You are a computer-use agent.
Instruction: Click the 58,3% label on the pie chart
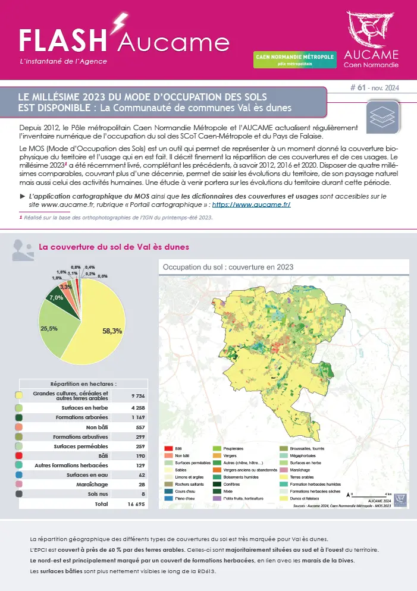(x=112, y=331)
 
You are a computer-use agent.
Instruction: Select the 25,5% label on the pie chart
(x=49, y=328)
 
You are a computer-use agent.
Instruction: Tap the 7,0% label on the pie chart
(x=56, y=297)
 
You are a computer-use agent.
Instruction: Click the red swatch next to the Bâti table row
(x=19, y=455)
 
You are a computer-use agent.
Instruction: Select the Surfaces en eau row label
(x=88, y=475)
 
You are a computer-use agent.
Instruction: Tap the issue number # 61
(x=358, y=87)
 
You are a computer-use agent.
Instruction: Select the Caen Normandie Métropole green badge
(x=294, y=59)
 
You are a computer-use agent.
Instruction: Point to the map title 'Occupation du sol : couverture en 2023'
(x=228, y=268)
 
